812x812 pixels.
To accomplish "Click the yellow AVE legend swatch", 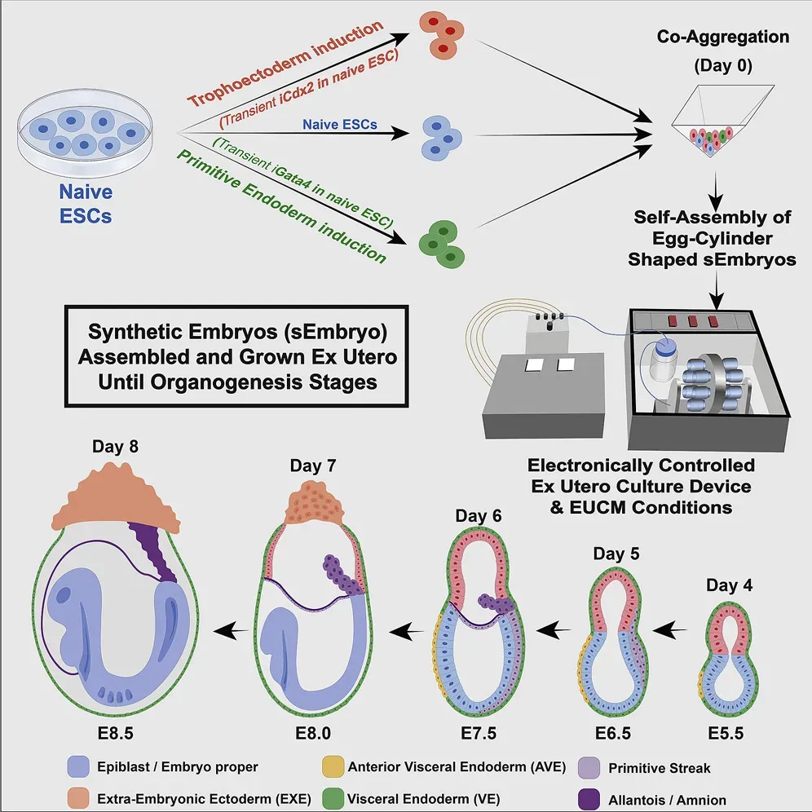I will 332,767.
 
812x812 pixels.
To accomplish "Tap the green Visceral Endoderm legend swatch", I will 332,800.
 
